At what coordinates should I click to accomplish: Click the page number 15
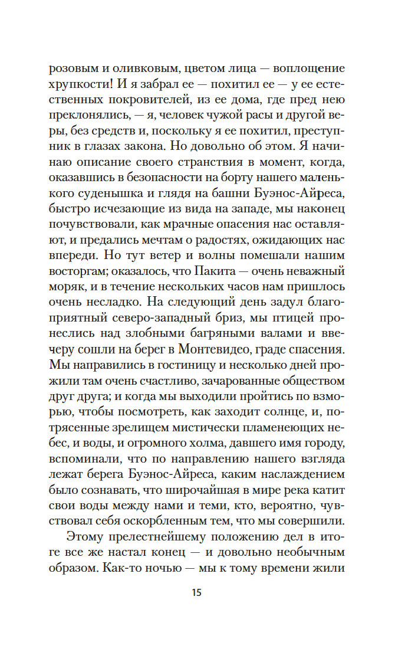197,593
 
